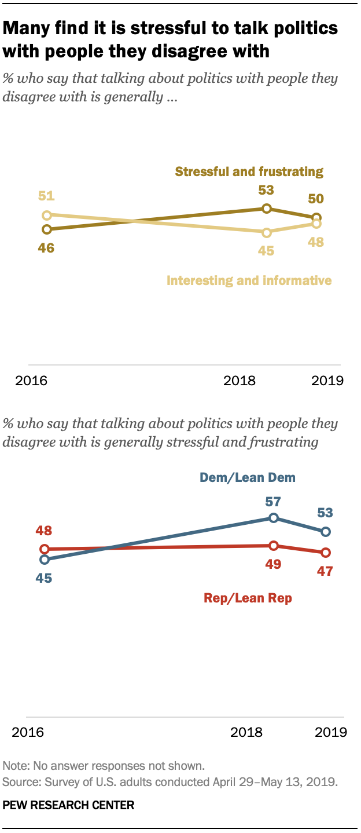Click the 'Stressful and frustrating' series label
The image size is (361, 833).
point(249,171)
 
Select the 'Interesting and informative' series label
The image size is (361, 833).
point(249,281)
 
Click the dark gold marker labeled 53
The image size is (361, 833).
point(266,209)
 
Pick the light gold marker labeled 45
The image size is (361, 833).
point(266,233)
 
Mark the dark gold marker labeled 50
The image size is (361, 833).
point(316,218)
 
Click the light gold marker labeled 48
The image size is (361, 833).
point(316,224)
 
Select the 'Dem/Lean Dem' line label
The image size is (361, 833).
point(248,478)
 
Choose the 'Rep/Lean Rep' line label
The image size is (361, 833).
point(248,598)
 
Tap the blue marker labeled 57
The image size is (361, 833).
point(274,518)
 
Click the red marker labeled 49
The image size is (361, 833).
point(274,545)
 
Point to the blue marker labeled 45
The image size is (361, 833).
point(43,560)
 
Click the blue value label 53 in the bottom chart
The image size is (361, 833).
point(325,513)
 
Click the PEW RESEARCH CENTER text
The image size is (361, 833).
point(68,805)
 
